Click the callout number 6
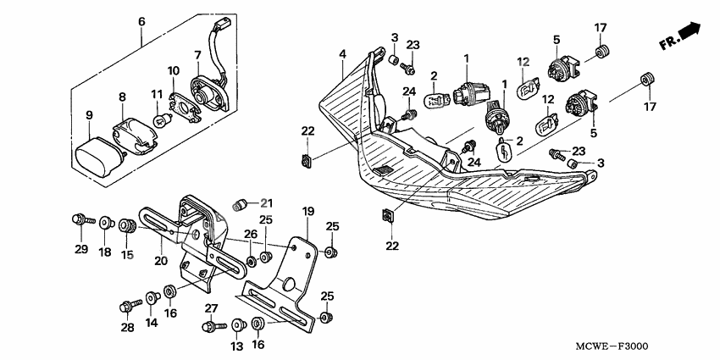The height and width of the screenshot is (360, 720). (141, 21)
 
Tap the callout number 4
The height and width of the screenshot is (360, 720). (342, 54)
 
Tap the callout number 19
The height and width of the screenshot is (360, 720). (307, 210)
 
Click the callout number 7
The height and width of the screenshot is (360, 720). (198, 55)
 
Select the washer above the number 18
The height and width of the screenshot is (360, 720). (106, 224)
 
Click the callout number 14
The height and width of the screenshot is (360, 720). (152, 322)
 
